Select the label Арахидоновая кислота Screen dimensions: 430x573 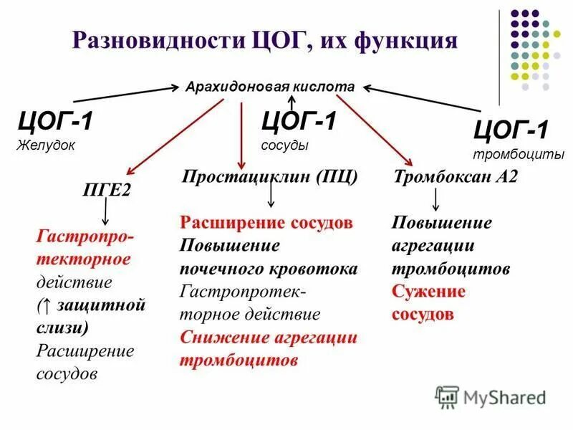pyautogui.click(x=270, y=86)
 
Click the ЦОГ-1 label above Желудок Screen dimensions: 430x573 pyautogui.click(x=55, y=121)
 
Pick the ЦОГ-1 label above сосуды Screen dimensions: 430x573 pyautogui.click(x=299, y=120)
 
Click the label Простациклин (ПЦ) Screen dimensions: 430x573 pyautogui.click(x=269, y=176)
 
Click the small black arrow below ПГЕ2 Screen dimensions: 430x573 pyautogui.click(x=105, y=211)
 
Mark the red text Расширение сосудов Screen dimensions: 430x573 pyautogui.click(x=266, y=222)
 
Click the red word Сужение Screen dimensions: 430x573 pyautogui.click(x=428, y=292)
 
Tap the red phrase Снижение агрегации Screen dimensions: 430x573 pyautogui.click(x=269, y=337)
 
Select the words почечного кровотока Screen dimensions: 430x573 pyautogui.click(x=269, y=269)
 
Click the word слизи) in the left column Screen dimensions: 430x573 pyautogui.click(x=62, y=328)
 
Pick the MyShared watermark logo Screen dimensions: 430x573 pyautogui.click(x=491, y=396)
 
